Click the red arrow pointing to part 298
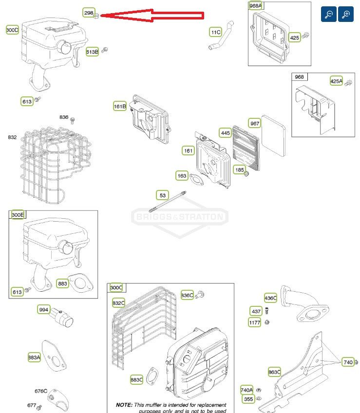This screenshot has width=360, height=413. click(151, 16)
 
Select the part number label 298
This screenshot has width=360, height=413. click(89, 13)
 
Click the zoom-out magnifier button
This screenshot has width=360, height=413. click(329, 14)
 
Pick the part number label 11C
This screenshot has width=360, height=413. click(215, 32)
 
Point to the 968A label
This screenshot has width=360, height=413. click(255, 6)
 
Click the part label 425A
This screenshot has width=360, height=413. click(336, 81)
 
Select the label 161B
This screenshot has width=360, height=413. click(120, 106)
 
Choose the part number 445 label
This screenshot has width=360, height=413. click(225, 132)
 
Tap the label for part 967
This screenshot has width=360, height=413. click(255, 123)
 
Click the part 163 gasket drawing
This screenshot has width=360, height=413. click(197, 179)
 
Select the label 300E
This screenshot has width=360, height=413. click(18, 215)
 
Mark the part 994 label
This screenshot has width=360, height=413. click(44, 309)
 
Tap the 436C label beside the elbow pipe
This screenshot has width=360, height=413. click(270, 298)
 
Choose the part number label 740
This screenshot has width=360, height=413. click(347, 362)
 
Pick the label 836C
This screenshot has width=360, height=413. click(187, 295)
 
